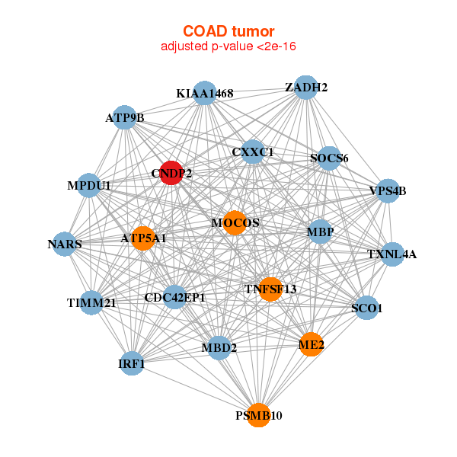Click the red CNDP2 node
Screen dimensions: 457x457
click(171, 173)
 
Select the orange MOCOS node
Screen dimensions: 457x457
click(234, 222)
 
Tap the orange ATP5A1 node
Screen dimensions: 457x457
click(142, 238)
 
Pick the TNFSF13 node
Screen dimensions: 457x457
click(270, 289)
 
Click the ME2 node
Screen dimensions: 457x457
click(311, 344)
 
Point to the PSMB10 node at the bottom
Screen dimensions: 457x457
click(259, 415)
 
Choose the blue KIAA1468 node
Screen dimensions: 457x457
click(204, 93)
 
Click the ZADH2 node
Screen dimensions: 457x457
click(305, 88)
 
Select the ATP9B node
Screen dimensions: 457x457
click(125, 117)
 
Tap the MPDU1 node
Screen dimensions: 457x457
click(89, 185)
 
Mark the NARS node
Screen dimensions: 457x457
click(65, 244)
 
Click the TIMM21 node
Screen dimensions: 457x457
click(91, 302)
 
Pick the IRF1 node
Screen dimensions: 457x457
click(133, 363)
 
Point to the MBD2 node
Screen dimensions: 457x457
click(219, 348)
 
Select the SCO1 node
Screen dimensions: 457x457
click(367, 308)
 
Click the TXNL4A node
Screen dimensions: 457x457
click(391, 254)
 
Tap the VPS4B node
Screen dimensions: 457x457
click(388, 190)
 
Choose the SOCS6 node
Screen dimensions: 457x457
click(329, 158)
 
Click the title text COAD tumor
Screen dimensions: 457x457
click(228, 31)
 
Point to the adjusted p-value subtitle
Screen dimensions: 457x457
click(228, 47)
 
